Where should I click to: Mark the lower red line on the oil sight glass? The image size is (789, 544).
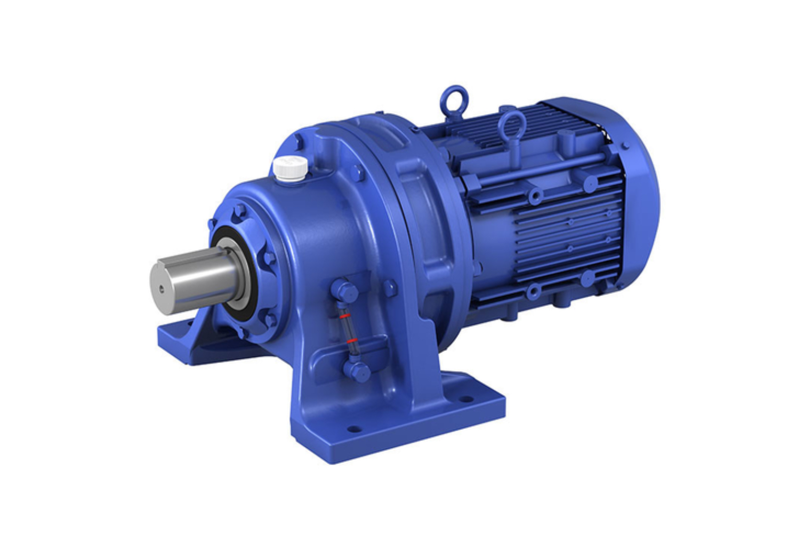click(351, 340)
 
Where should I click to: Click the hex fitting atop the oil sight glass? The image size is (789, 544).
click(345, 291)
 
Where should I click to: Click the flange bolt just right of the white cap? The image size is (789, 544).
click(357, 173)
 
